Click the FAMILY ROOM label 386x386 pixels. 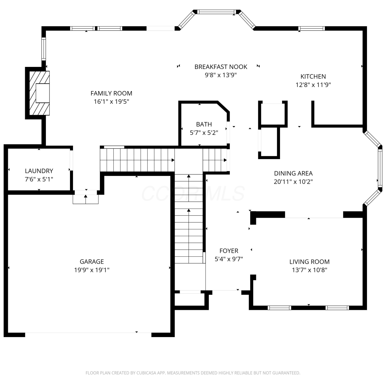pos(111,93)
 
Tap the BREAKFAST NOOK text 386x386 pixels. pos(221,67)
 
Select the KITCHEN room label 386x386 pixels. pos(313,76)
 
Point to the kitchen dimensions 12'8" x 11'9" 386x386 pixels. pos(313,85)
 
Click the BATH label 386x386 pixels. pos(204,124)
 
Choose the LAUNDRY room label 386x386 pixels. pos(39,171)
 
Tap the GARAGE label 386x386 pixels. pos(92,262)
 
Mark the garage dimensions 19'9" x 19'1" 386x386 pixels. pos(92,270)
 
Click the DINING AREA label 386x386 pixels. pos(293,173)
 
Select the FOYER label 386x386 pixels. pos(229,251)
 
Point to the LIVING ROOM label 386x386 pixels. pos(310,262)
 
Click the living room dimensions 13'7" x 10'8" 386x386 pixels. pos(310,270)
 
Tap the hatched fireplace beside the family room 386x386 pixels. pos(39,93)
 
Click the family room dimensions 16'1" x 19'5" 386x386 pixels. pos(111,102)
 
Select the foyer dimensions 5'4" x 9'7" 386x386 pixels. pos(229,259)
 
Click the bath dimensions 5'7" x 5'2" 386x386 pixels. pos(204,133)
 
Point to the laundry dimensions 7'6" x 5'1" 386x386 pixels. pos(39,179)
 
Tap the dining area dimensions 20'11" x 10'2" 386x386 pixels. pos(293,182)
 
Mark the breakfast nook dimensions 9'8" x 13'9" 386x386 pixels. pos(221,75)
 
